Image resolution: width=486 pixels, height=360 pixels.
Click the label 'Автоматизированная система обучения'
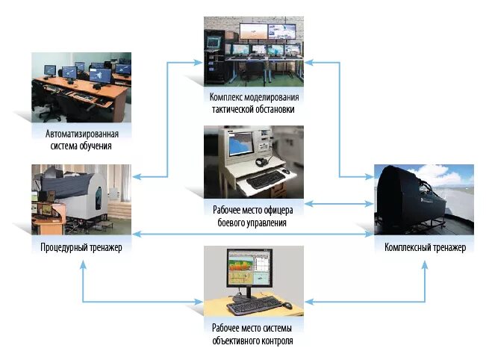tap(81, 140)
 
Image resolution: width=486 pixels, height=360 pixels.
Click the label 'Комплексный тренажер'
tap(424, 247)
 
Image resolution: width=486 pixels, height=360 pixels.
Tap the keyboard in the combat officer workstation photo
tap(267, 181)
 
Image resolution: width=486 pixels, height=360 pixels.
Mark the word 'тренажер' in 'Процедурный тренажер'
tap(101, 247)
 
